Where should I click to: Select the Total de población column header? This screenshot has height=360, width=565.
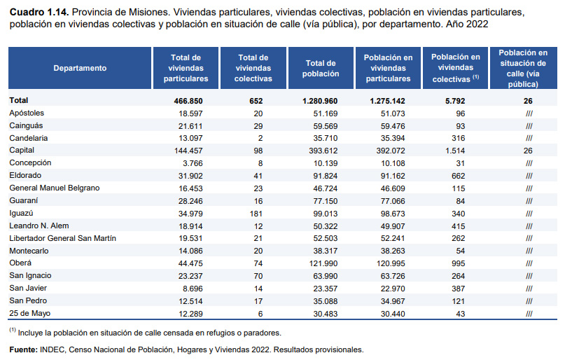pos(321,68)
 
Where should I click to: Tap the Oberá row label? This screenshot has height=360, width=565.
pos(21,263)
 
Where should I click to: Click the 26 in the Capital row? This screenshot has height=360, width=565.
pos(528,150)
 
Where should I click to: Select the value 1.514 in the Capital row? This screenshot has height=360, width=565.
pos(456,150)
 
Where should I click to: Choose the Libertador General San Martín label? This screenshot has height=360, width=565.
pos(62,237)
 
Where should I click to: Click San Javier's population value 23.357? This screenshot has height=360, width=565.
pos(321,287)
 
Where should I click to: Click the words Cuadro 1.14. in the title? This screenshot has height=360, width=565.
pos(39,13)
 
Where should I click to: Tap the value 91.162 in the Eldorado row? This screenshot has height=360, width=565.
pos(388,175)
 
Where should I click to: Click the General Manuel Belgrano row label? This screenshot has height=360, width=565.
pos(55,188)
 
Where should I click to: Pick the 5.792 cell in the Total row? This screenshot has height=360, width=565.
pos(456,100)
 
